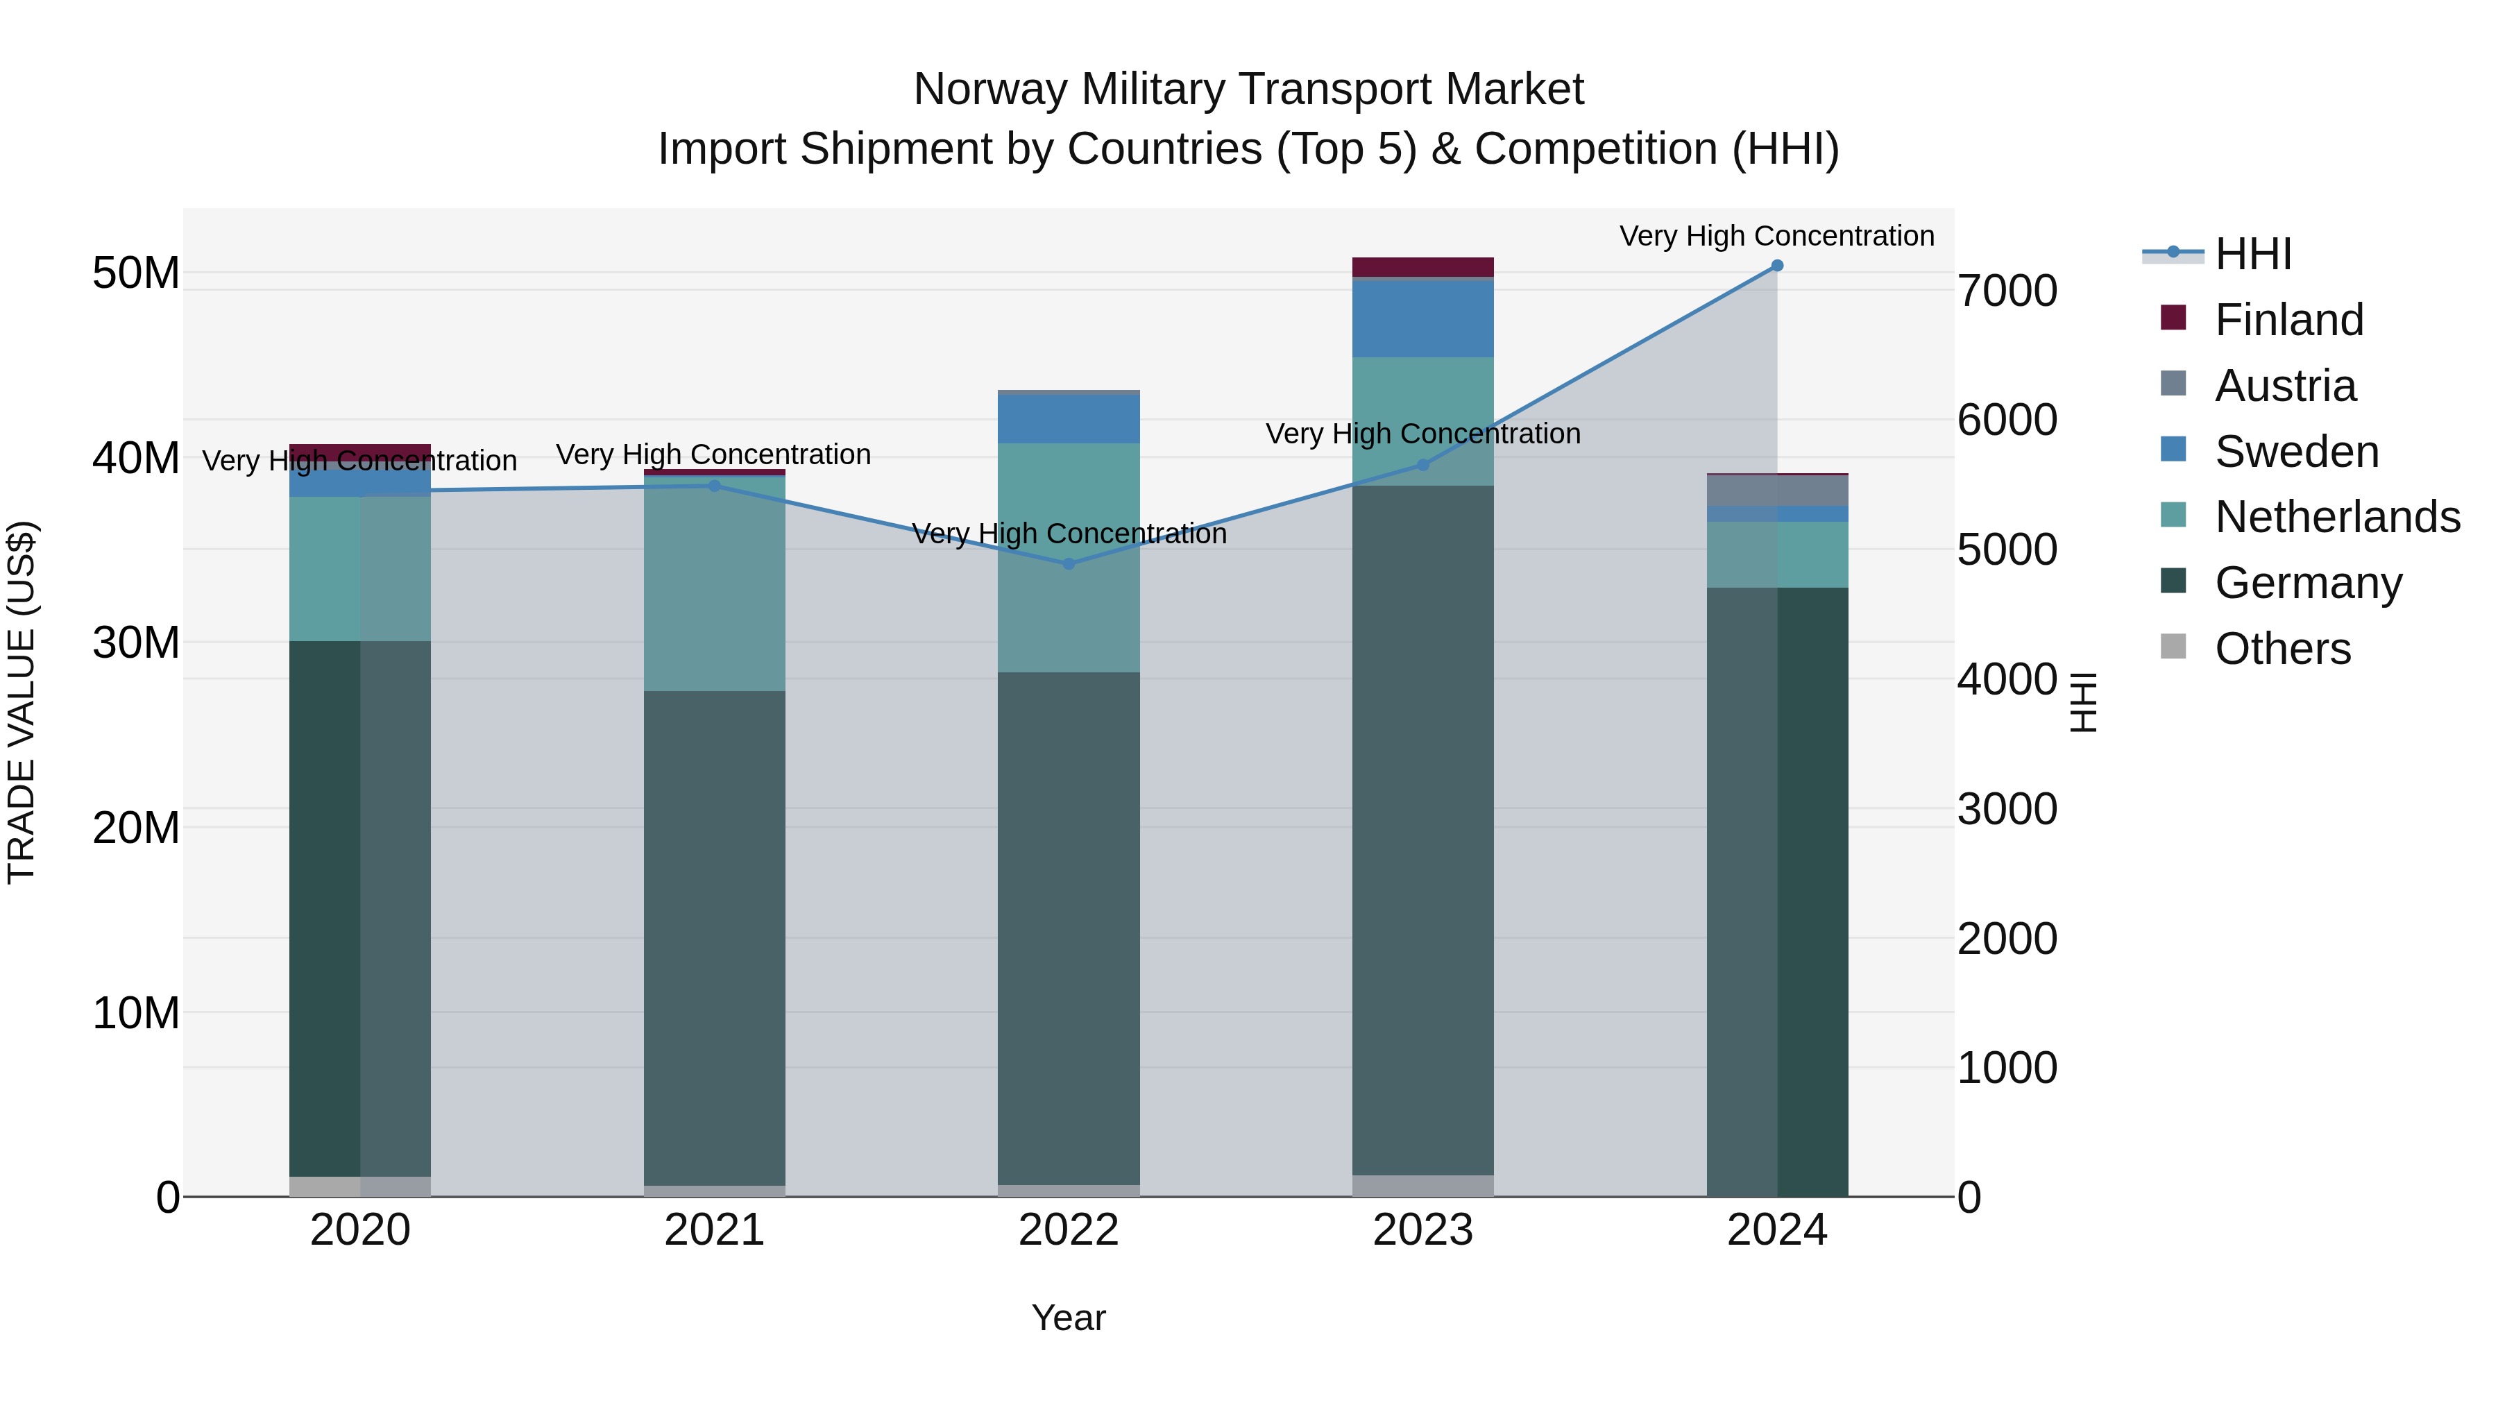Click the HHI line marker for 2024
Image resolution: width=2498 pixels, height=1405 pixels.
[x=1776, y=265]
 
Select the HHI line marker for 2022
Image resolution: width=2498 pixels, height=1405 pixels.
[x=1069, y=563]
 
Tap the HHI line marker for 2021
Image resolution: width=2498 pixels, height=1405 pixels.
[x=715, y=486]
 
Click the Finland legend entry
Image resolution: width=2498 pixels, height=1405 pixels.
[x=2288, y=319]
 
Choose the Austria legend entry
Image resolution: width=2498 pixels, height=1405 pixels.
[x=2285, y=385]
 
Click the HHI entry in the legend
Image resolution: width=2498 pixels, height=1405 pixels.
[x=2252, y=254]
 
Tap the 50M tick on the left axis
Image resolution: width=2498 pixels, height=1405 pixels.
[x=136, y=273]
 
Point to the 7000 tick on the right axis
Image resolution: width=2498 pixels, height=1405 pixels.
[x=2006, y=290]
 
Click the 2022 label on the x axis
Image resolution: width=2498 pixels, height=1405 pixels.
[x=1069, y=1229]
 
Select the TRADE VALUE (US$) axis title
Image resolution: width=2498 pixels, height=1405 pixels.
[x=22, y=702]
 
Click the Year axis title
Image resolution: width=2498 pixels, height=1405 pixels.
[x=1069, y=1318]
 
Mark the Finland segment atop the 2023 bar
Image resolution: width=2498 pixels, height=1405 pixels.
[x=1422, y=266]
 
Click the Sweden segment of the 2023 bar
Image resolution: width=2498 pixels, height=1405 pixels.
[x=1422, y=318]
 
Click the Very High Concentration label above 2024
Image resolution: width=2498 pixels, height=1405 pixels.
[x=1776, y=236]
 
